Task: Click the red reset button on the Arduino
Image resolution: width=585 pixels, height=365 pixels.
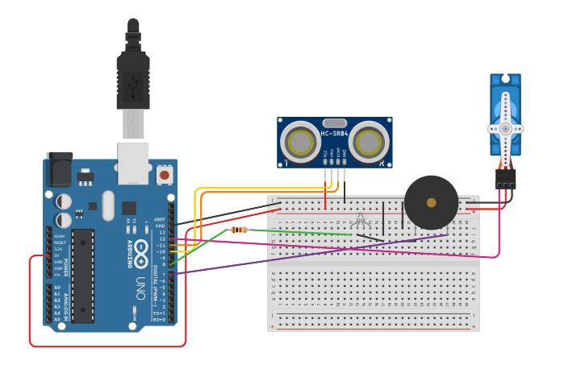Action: click(x=165, y=174)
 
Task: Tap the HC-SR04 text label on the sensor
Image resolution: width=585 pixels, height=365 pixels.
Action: click(x=334, y=134)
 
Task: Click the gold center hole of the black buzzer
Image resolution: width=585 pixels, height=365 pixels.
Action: click(x=431, y=202)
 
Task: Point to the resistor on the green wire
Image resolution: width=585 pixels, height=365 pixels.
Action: click(x=239, y=230)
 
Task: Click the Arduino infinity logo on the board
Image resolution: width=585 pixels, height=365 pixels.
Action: click(x=142, y=253)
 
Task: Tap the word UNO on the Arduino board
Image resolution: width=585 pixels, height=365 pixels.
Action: click(x=140, y=288)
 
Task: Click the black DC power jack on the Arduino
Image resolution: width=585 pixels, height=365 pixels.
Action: click(x=59, y=169)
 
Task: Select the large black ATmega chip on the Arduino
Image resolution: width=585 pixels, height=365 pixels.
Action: click(x=83, y=274)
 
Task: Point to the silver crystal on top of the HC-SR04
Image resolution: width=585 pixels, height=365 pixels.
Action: click(x=334, y=123)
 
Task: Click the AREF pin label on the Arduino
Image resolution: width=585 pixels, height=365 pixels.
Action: click(x=160, y=218)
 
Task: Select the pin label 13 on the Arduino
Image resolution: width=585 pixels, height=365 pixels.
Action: click(x=162, y=232)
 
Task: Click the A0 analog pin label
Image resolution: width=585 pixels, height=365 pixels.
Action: click(x=56, y=288)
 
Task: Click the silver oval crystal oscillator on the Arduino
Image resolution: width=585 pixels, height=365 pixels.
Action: click(x=109, y=201)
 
